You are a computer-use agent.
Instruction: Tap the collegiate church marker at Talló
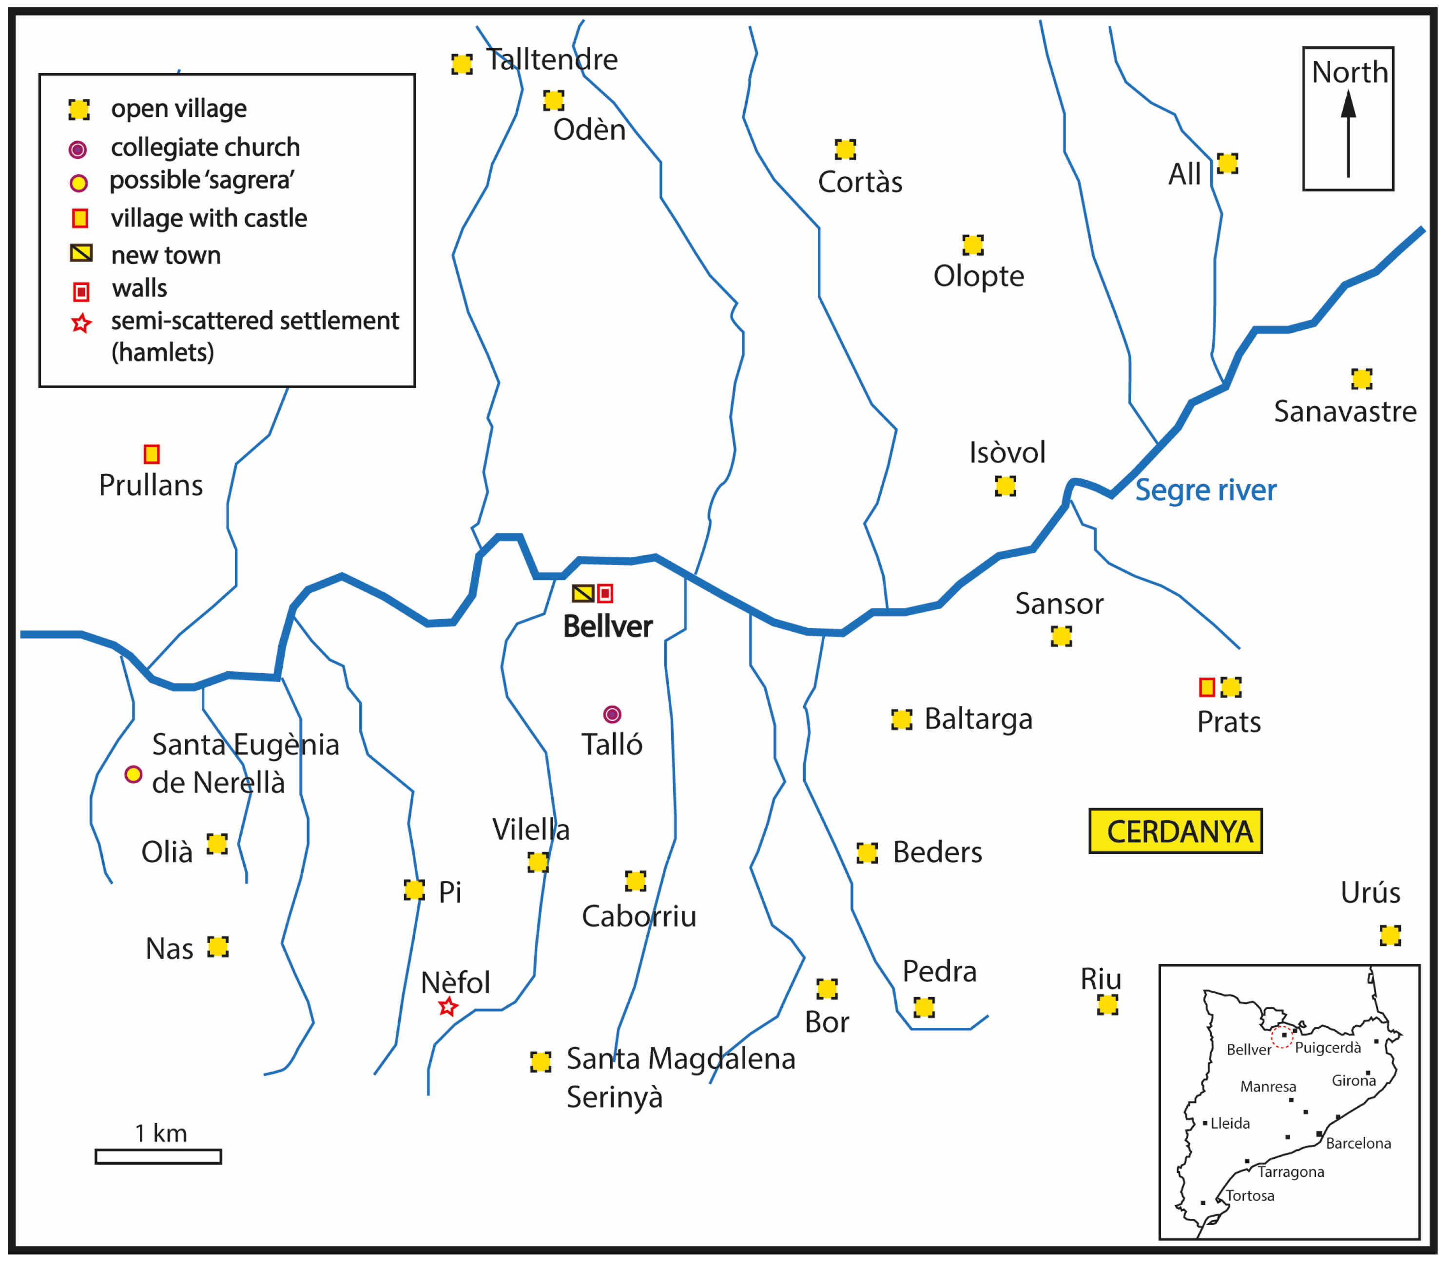pos(612,715)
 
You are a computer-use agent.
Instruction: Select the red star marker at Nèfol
pos(448,1007)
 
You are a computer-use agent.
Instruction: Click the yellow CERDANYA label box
pos(1175,831)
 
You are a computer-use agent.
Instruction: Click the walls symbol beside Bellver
pos(605,594)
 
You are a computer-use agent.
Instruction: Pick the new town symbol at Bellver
pos(582,594)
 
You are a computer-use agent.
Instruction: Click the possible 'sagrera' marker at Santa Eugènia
pos(134,774)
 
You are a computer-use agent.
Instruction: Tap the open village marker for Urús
pos(1390,936)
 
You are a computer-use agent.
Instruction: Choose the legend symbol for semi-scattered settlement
pos(81,323)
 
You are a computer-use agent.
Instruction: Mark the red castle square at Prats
pos(1207,687)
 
